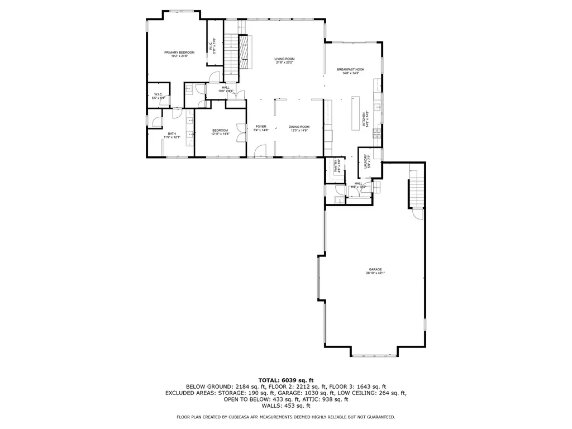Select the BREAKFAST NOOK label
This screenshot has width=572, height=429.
(x=350, y=71)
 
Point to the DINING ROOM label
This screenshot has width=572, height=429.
(x=299, y=129)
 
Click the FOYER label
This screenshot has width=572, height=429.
(x=261, y=129)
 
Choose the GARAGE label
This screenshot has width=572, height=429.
(x=375, y=271)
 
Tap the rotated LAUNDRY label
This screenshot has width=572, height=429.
(x=367, y=162)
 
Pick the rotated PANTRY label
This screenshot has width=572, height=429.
(x=337, y=166)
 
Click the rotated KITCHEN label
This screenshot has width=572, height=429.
(x=365, y=119)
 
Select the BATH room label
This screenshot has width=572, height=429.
(x=171, y=135)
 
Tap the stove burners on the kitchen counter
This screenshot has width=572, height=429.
(x=377, y=132)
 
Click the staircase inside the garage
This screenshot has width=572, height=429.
(x=417, y=189)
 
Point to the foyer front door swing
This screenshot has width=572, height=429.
(x=258, y=151)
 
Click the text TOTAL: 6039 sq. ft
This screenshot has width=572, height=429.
(x=285, y=380)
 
